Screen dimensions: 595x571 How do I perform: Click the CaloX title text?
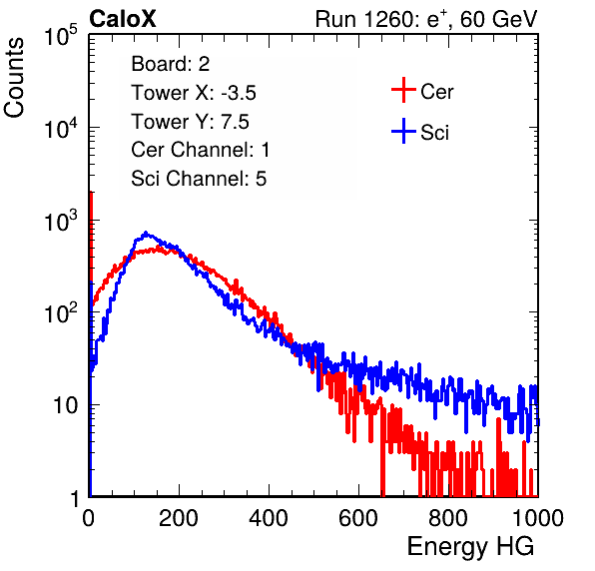click(123, 19)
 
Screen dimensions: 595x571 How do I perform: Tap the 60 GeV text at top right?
click(499, 19)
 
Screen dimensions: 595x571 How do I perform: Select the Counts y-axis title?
click(14, 78)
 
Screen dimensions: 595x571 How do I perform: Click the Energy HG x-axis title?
click(470, 547)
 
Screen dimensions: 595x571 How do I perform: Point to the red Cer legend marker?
click(403, 90)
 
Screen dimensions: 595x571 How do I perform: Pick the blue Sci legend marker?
click(403, 131)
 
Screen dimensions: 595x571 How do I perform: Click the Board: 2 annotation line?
click(170, 64)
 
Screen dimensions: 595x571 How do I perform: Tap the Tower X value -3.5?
click(239, 93)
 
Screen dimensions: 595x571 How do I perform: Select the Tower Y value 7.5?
click(235, 122)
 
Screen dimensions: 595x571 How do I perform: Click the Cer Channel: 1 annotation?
click(201, 150)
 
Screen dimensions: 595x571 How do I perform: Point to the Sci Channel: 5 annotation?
click(199, 179)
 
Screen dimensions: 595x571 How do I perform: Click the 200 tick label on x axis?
click(179, 518)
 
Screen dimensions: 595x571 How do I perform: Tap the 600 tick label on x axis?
click(358, 518)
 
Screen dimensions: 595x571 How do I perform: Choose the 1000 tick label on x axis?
click(538, 518)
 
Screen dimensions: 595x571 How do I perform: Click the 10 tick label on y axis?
click(65, 405)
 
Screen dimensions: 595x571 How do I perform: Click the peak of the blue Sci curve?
click(146, 233)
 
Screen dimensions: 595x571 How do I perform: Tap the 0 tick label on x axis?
click(89, 518)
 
